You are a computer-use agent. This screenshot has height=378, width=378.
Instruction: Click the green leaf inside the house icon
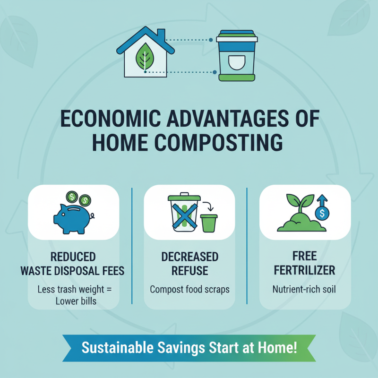[x=143, y=58]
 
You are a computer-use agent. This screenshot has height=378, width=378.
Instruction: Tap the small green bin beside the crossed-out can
[x=208, y=223]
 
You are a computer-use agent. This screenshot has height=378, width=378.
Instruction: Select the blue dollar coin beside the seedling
[x=322, y=214]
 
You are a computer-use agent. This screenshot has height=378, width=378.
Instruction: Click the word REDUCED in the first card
[x=73, y=257]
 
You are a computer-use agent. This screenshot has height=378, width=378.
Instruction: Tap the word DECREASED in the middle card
[x=189, y=257]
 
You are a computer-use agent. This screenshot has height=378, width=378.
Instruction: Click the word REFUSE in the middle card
[x=189, y=271]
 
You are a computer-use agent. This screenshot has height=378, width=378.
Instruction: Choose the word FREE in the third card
[x=304, y=257]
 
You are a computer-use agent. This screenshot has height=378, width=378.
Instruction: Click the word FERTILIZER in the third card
[x=304, y=271]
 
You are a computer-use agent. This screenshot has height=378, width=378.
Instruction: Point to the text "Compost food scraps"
[x=189, y=289]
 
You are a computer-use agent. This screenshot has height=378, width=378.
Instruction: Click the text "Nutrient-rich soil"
[x=304, y=289]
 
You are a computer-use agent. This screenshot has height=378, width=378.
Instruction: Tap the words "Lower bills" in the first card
[x=73, y=301]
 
